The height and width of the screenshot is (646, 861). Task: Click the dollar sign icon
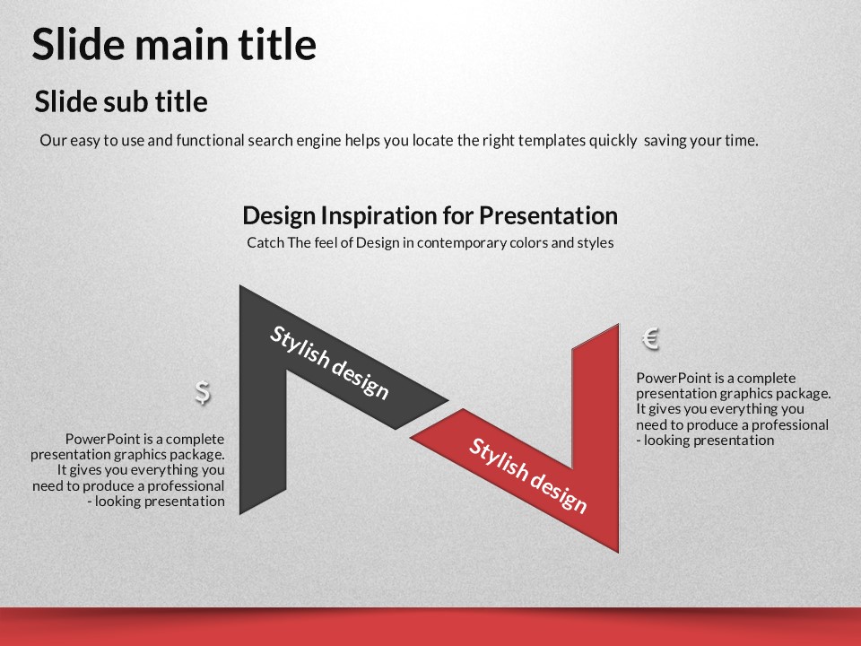click(x=203, y=392)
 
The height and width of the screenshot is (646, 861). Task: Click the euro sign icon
click(x=651, y=338)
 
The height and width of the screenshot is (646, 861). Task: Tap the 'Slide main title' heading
click(x=174, y=44)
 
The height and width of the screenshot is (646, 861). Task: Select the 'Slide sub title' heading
click(x=121, y=101)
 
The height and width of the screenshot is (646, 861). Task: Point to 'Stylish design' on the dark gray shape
click(x=329, y=362)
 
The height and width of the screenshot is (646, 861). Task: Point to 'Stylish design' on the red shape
click(x=527, y=476)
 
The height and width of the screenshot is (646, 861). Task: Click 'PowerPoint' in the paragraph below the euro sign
click(x=674, y=378)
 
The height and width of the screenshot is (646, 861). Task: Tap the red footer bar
click(x=430, y=627)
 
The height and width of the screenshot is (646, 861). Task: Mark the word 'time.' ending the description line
click(x=742, y=141)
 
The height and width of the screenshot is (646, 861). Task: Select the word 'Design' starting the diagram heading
click(x=280, y=215)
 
